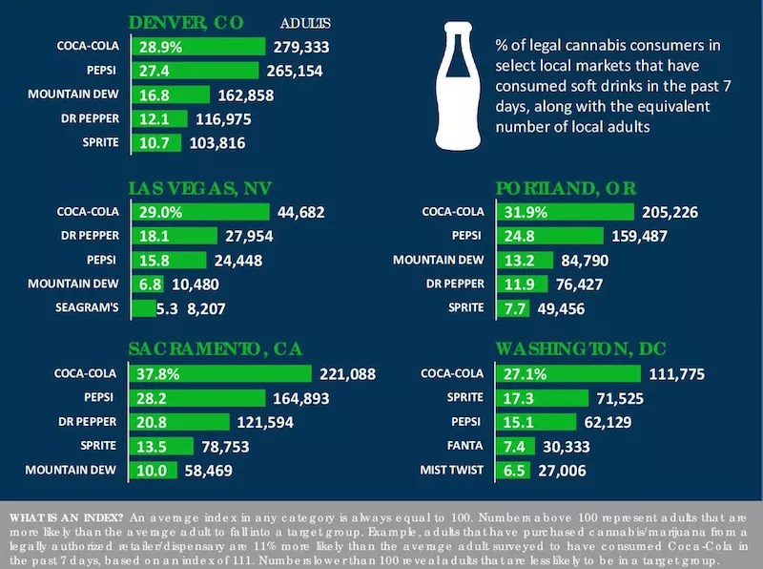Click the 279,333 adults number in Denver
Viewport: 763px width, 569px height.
(300, 46)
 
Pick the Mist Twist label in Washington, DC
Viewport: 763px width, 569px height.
(452, 470)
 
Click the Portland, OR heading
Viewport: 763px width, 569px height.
(566, 188)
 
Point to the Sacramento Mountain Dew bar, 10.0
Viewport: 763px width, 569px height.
(155, 470)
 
